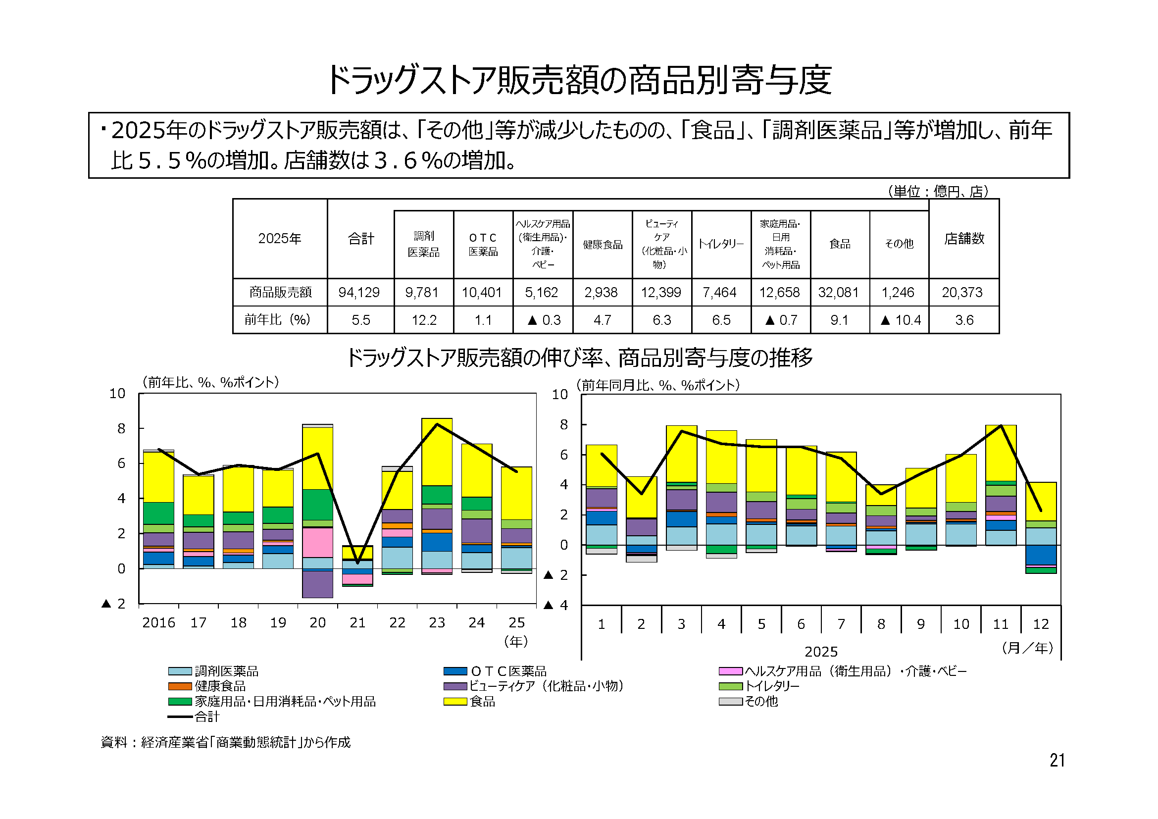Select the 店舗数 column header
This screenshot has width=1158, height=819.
coord(964,239)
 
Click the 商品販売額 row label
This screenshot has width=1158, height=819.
coord(280,293)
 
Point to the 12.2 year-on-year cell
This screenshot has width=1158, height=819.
coord(424,320)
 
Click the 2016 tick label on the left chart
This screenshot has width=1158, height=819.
coord(158,623)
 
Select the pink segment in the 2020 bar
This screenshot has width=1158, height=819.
coord(317,543)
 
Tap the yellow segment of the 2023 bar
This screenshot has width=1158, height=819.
coord(437,452)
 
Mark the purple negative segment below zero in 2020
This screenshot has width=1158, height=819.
coord(317,584)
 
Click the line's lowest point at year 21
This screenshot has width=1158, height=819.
coord(357,563)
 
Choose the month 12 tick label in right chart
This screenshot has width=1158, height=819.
coord(1041,624)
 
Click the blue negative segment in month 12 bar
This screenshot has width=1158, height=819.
coord(1041,555)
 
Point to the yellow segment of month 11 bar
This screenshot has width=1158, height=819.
coord(1001,453)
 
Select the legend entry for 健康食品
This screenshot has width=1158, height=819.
coord(220,686)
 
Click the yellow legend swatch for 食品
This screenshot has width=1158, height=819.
coord(455,702)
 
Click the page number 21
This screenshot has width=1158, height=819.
coord(1057,760)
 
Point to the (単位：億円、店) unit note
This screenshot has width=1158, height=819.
coord(937,191)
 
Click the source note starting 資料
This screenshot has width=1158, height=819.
coord(225,742)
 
